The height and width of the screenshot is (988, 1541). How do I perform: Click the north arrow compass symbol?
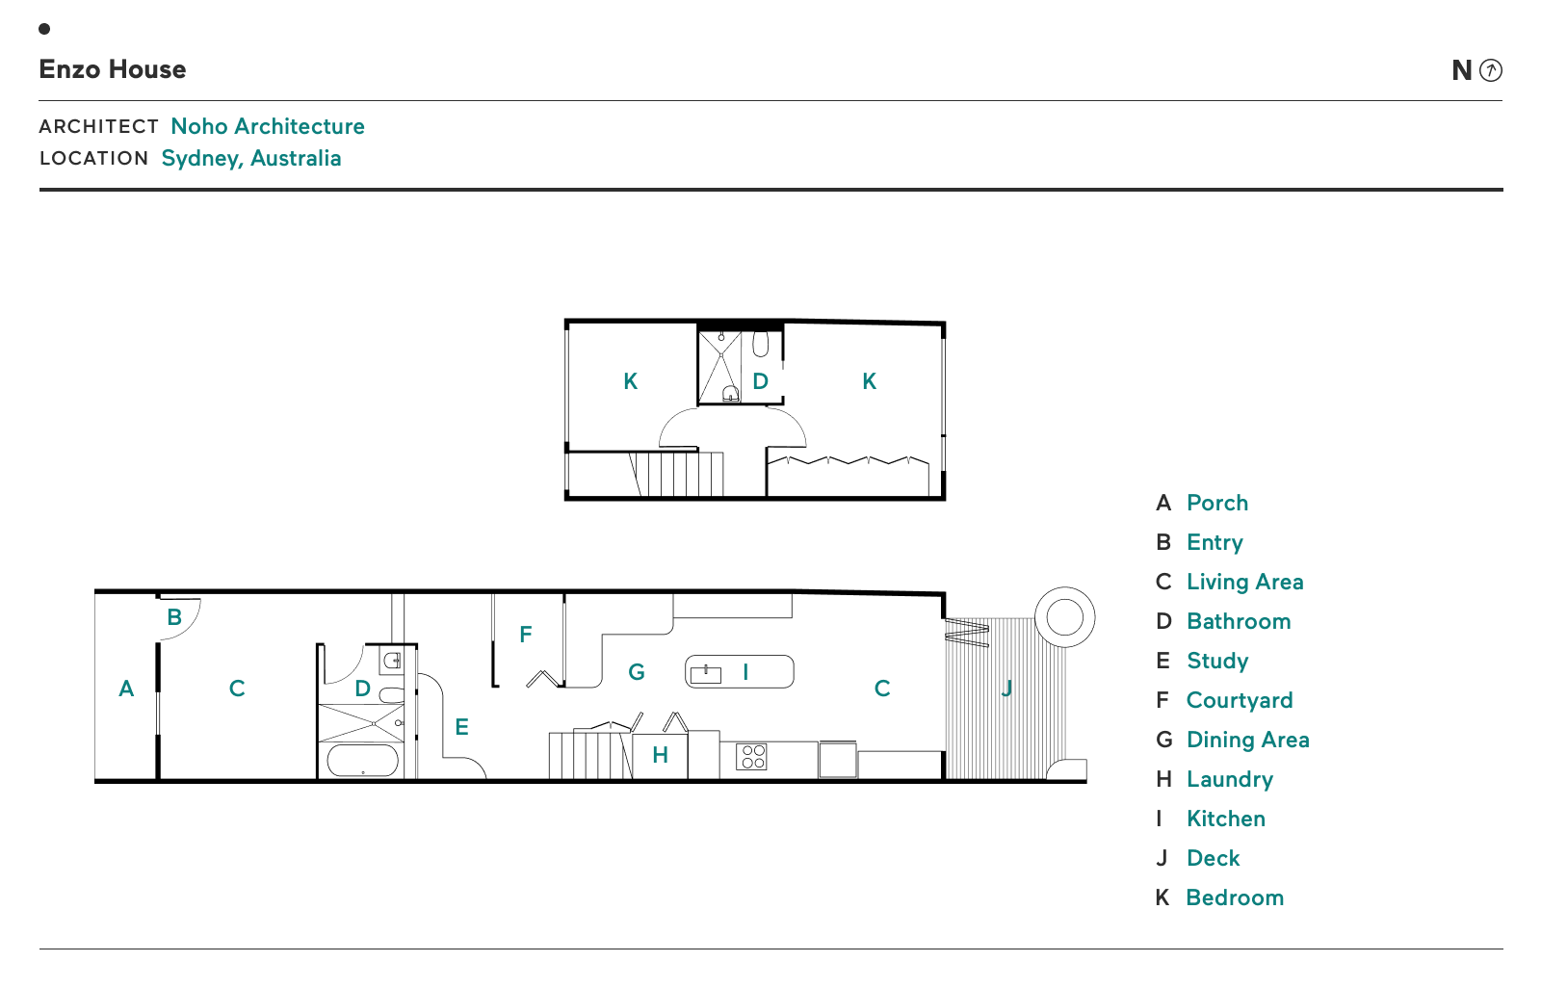tap(1490, 70)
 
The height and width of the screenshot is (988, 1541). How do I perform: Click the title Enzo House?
tap(113, 69)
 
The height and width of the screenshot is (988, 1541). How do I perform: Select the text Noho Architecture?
tap(268, 126)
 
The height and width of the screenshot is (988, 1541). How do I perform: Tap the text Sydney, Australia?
tap(251, 158)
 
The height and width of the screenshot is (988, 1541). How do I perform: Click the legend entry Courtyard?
tap(1240, 700)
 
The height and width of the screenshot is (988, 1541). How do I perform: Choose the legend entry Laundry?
tap(1230, 779)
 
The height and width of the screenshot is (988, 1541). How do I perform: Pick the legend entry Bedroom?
tap(1235, 897)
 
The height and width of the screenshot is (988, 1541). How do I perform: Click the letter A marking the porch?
tap(126, 689)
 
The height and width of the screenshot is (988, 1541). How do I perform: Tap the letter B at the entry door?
tap(174, 617)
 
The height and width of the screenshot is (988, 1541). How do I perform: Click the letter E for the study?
tap(462, 727)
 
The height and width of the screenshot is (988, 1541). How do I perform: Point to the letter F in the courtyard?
tap(526, 635)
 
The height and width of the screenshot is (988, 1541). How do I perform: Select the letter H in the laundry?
tap(660, 755)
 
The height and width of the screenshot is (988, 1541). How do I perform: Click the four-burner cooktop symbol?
tap(752, 757)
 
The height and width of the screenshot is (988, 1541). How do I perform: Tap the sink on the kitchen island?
tap(706, 674)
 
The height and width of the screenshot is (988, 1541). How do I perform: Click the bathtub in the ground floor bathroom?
tap(362, 761)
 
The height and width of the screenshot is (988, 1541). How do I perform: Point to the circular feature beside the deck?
tap(1064, 616)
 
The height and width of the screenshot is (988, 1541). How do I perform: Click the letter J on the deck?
tap(1006, 689)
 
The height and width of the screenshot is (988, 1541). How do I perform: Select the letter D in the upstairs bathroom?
tap(761, 381)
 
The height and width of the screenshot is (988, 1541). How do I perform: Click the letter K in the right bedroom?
tap(870, 381)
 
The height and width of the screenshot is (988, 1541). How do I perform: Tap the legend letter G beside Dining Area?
tap(1164, 740)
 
